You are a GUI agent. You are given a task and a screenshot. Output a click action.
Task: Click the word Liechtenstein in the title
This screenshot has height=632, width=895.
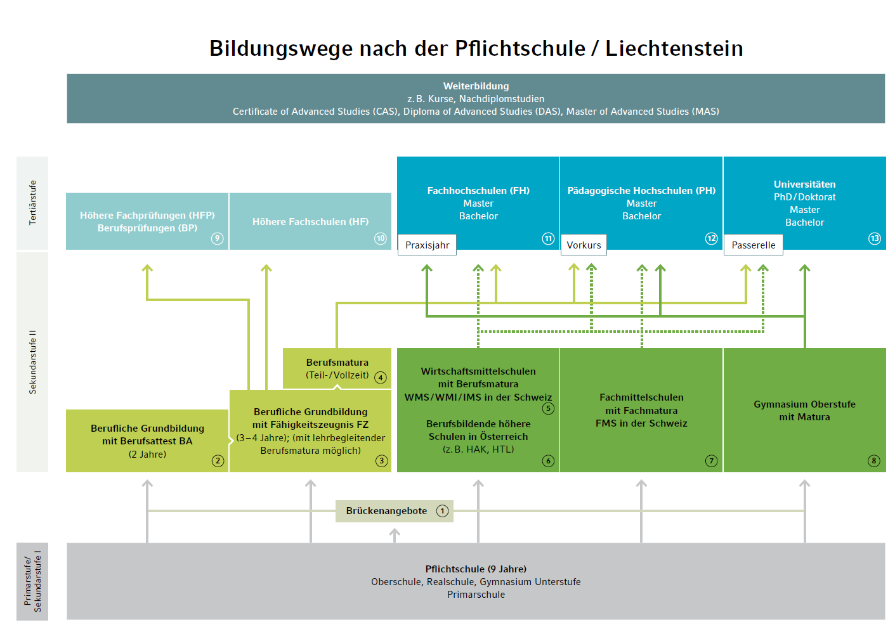[x=674, y=49]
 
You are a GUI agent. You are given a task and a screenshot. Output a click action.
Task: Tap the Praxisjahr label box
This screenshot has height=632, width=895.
[x=427, y=245]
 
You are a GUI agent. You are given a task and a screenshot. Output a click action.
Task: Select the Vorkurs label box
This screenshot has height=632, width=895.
[x=584, y=245]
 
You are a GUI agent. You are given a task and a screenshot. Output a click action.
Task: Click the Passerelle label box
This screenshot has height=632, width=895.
[x=753, y=245]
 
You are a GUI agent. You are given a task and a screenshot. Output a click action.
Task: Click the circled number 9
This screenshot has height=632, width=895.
[x=218, y=238]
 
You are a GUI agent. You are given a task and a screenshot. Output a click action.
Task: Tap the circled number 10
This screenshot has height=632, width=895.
[x=381, y=238]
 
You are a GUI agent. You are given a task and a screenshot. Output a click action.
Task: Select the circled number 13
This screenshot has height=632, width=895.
[x=875, y=238]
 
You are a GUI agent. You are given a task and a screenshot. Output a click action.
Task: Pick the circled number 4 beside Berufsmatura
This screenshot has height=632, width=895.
[x=381, y=378]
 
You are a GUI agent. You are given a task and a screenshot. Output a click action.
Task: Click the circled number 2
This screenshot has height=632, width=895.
[x=218, y=461]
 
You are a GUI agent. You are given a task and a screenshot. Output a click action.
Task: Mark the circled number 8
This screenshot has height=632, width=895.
[x=874, y=461]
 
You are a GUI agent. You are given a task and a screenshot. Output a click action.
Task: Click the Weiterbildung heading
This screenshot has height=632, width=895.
[x=476, y=86]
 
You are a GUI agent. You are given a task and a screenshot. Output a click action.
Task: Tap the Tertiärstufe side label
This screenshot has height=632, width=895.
[x=32, y=203]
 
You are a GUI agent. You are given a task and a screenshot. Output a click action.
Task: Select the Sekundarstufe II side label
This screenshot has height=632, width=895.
[x=32, y=362]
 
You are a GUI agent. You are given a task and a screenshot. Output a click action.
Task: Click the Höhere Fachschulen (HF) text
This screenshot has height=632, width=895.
[x=310, y=222]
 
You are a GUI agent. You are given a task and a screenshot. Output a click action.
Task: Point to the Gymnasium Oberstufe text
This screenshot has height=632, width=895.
[x=804, y=404]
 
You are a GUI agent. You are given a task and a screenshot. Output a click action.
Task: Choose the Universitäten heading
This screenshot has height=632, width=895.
[x=804, y=184]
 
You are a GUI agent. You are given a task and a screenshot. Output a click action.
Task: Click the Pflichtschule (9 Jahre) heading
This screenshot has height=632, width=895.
[x=476, y=569]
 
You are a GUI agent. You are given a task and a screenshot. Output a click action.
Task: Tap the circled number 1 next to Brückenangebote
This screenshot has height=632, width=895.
[x=443, y=511]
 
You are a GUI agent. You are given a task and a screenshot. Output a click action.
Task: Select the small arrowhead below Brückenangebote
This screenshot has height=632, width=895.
[x=395, y=534]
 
